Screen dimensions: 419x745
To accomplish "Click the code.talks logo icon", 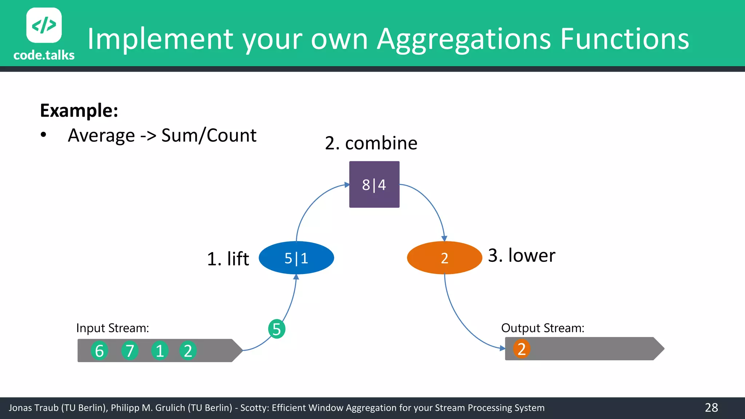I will pyautogui.click(x=44, y=25).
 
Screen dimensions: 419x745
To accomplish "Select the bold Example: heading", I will pyautogui.click(x=79, y=110).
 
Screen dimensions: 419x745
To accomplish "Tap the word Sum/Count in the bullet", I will pyautogui.click(x=209, y=135).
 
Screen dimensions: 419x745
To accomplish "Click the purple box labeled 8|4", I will pyautogui.click(x=374, y=184).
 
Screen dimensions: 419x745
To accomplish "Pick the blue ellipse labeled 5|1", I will pyautogui.click(x=296, y=258).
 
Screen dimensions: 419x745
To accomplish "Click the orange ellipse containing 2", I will pyautogui.click(x=444, y=258).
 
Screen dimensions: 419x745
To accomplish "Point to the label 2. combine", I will pyautogui.click(x=371, y=143).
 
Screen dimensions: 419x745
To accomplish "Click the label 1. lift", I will pyautogui.click(x=228, y=259).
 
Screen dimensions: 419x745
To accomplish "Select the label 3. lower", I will pyautogui.click(x=521, y=255).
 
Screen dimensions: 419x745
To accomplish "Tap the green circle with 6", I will pyautogui.click(x=99, y=351).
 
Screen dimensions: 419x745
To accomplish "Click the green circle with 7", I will pyautogui.click(x=130, y=351).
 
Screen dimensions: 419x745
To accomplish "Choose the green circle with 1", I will pyautogui.click(x=160, y=351).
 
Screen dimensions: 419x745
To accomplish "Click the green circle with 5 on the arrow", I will pyautogui.click(x=276, y=329).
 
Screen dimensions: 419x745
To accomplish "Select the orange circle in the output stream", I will pyautogui.click(x=521, y=348).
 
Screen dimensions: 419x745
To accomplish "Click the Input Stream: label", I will pyautogui.click(x=112, y=328).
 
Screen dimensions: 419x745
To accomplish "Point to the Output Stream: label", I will pyautogui.click(x=542, y=328).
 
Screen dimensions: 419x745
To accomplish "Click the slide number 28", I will pyautogui.click(x=711, y=407).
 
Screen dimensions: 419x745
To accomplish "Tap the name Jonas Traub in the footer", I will pyautogui.click(x=33, y=408).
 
